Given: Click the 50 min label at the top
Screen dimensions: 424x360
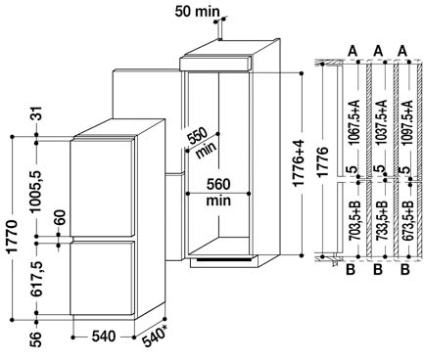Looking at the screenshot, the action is pos(198,12).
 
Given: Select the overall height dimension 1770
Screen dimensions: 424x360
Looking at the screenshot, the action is pos(12,237).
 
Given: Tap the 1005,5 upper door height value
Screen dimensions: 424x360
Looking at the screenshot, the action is pos(36,192).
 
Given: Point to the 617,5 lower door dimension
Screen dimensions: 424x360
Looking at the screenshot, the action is pos(36,279).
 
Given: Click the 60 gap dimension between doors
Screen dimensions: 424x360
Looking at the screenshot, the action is pos(60,217).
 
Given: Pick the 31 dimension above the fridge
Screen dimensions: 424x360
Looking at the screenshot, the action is pos(37,113).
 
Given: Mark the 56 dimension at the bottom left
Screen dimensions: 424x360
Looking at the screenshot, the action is pos(36,339).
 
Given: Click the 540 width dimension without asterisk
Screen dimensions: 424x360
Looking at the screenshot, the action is pos(104,337).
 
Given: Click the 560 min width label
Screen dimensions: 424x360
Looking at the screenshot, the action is pos(218,193).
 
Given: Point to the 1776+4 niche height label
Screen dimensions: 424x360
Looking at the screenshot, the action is pos(299,162).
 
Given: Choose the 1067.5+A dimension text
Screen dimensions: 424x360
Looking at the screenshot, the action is pos(353,122).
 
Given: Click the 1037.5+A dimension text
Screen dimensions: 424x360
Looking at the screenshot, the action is pos(382,122).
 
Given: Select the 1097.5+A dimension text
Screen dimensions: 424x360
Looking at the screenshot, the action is pos(407,122).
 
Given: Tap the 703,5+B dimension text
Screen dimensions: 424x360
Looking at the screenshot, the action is pos(353,220).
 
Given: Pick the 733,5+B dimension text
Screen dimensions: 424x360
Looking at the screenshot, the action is pos(382,220).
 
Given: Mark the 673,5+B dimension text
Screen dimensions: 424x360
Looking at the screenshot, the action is pos(407,220).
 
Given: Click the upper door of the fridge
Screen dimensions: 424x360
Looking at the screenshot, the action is pos(102,187).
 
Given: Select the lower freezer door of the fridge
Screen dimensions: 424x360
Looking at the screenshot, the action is pos(102,278).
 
